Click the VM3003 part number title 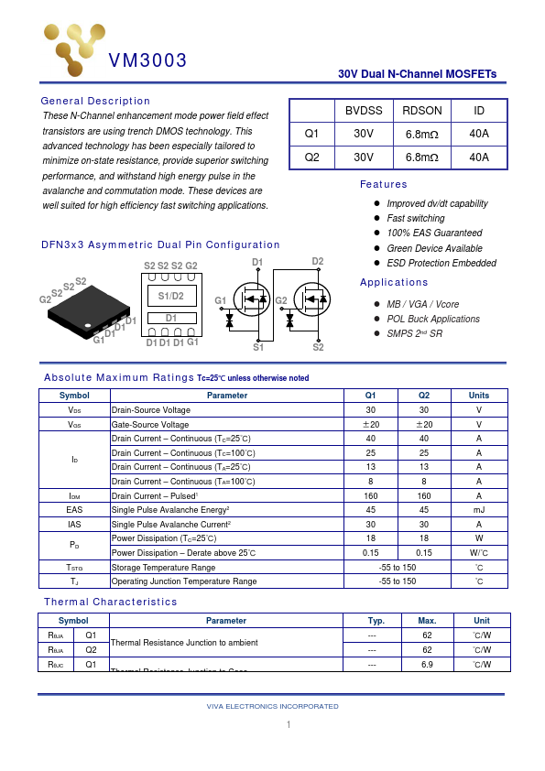(x=147, y=61)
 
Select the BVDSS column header (x=364, y=110)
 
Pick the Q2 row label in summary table (x=311, y=157)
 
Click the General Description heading (x=95, y=101)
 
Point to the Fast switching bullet (x=415, y=218)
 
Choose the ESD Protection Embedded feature (x=441, y=263)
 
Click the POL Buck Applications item (x=432, y=319)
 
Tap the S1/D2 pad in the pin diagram (x=171, y=297)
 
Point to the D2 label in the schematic (x=318, y=262)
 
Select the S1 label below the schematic (x=258, y=348)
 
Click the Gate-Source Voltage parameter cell (x=150, y=425)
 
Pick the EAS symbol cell (x=74, y=509)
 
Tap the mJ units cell (x=478, y=509)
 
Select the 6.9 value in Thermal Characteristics (x=427, y=664)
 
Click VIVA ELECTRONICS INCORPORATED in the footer (x=273, y=706)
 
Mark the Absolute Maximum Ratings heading (x=119, y=377)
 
